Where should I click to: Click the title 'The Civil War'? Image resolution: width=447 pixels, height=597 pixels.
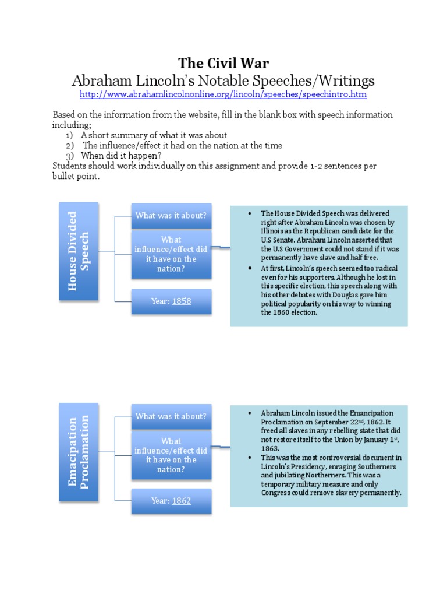[223, 63]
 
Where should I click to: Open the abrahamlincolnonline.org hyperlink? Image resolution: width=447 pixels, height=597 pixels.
[223, 94]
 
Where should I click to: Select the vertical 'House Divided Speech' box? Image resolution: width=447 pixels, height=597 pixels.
[79, 251]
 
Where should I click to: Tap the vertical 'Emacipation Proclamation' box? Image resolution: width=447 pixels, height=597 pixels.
[79, 452]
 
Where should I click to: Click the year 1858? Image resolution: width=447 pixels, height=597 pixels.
[181, 301]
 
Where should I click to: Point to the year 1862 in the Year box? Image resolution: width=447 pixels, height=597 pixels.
[181, 501]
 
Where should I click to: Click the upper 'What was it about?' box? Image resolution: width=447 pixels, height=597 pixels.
[171, 216]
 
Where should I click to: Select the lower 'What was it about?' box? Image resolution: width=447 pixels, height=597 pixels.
[171, 416]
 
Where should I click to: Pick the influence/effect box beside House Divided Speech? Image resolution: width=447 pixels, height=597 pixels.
[171, 254]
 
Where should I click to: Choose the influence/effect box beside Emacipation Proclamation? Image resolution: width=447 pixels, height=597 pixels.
[171, 455]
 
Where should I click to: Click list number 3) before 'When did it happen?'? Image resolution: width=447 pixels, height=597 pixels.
[69, 156]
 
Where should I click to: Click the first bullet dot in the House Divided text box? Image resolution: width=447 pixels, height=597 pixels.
[249, 213]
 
